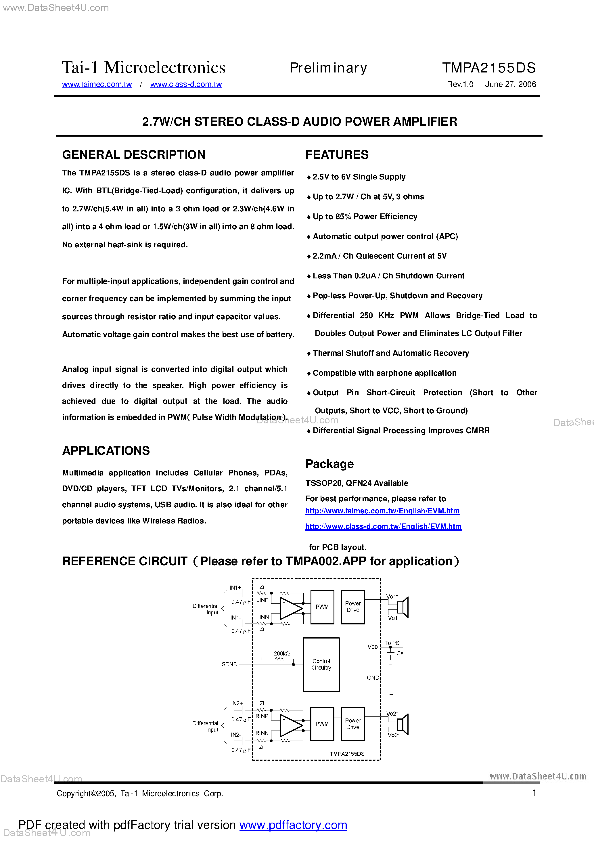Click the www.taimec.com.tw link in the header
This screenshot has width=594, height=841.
97,84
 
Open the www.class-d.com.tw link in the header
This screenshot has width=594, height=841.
186,84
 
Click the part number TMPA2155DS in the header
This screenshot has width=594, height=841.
488,68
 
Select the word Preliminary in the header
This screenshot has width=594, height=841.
328,68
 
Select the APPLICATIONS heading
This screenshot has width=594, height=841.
106,450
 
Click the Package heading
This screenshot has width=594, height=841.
329,464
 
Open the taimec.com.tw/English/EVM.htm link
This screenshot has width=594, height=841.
382,511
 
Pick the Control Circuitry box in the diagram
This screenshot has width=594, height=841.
321,664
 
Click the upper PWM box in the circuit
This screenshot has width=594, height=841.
322,607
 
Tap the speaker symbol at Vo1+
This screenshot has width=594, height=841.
403,607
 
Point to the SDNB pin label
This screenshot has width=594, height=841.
229,664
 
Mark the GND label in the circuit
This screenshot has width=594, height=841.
373,678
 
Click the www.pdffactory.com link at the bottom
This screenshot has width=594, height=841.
293,825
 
